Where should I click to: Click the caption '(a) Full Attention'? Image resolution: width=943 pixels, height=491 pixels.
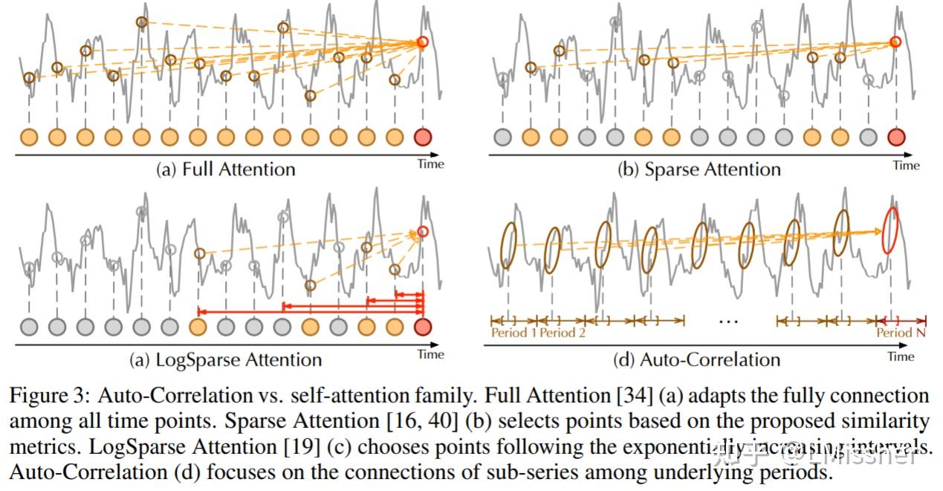pos(225,169)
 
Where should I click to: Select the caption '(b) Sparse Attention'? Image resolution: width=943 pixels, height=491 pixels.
pos(699,169)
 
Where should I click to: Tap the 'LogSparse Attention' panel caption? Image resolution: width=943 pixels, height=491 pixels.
pos(225,360)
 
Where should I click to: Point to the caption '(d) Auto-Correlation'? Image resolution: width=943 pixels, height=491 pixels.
pos(696,360)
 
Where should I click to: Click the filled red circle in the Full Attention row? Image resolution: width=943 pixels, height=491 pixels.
pos(423,137)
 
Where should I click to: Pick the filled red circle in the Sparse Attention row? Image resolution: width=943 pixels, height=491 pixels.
pos(896,137)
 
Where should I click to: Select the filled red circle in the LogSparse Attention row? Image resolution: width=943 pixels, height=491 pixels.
pos(423,327)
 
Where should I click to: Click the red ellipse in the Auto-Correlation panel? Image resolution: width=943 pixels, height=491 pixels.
pos(889,231)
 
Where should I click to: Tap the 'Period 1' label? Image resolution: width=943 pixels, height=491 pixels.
pos(513,333)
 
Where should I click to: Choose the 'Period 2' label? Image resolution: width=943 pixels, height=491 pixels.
pos(563,333)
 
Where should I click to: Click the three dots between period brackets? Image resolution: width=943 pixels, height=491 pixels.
pos(729,322)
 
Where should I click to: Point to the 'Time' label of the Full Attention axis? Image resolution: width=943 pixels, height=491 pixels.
pos(430,164)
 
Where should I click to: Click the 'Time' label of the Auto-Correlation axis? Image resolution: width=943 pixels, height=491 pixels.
pos(901,357)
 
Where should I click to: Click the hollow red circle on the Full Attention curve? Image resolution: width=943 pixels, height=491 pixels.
pos(423,42)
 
